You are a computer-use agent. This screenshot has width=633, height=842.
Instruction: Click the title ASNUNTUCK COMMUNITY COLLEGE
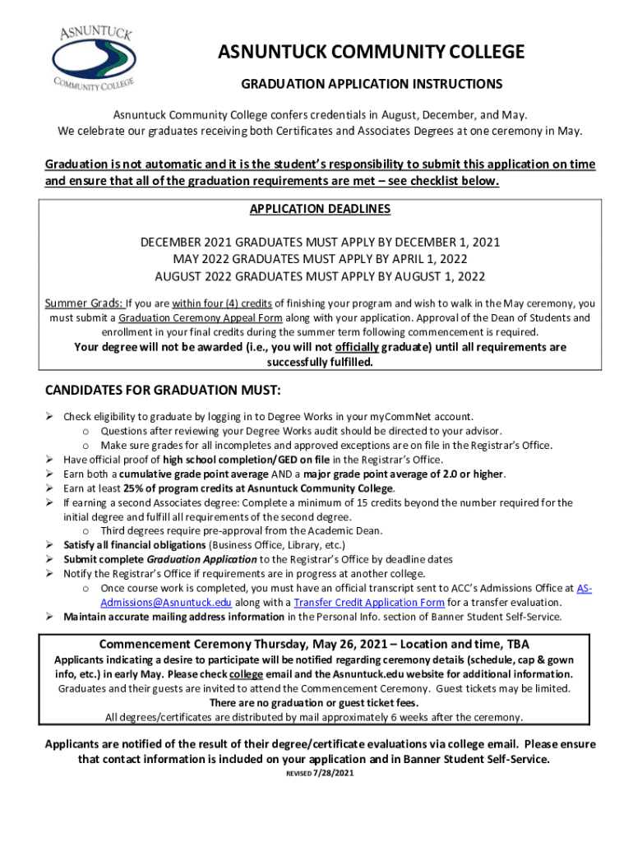371,53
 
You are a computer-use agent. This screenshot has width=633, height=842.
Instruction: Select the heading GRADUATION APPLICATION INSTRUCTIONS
371,85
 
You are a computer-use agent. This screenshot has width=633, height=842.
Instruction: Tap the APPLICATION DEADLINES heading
320,209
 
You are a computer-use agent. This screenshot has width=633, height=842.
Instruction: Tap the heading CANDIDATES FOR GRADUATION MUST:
162,389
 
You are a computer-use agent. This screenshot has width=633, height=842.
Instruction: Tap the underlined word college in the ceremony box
246,674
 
